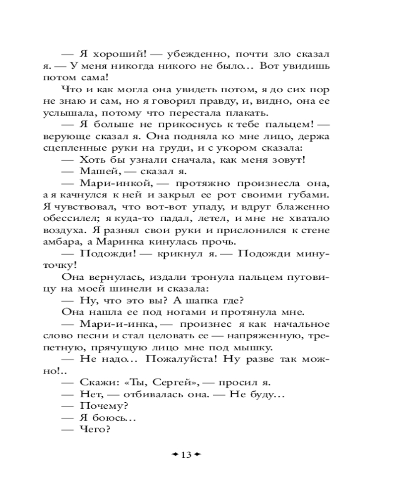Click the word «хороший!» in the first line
109,54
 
